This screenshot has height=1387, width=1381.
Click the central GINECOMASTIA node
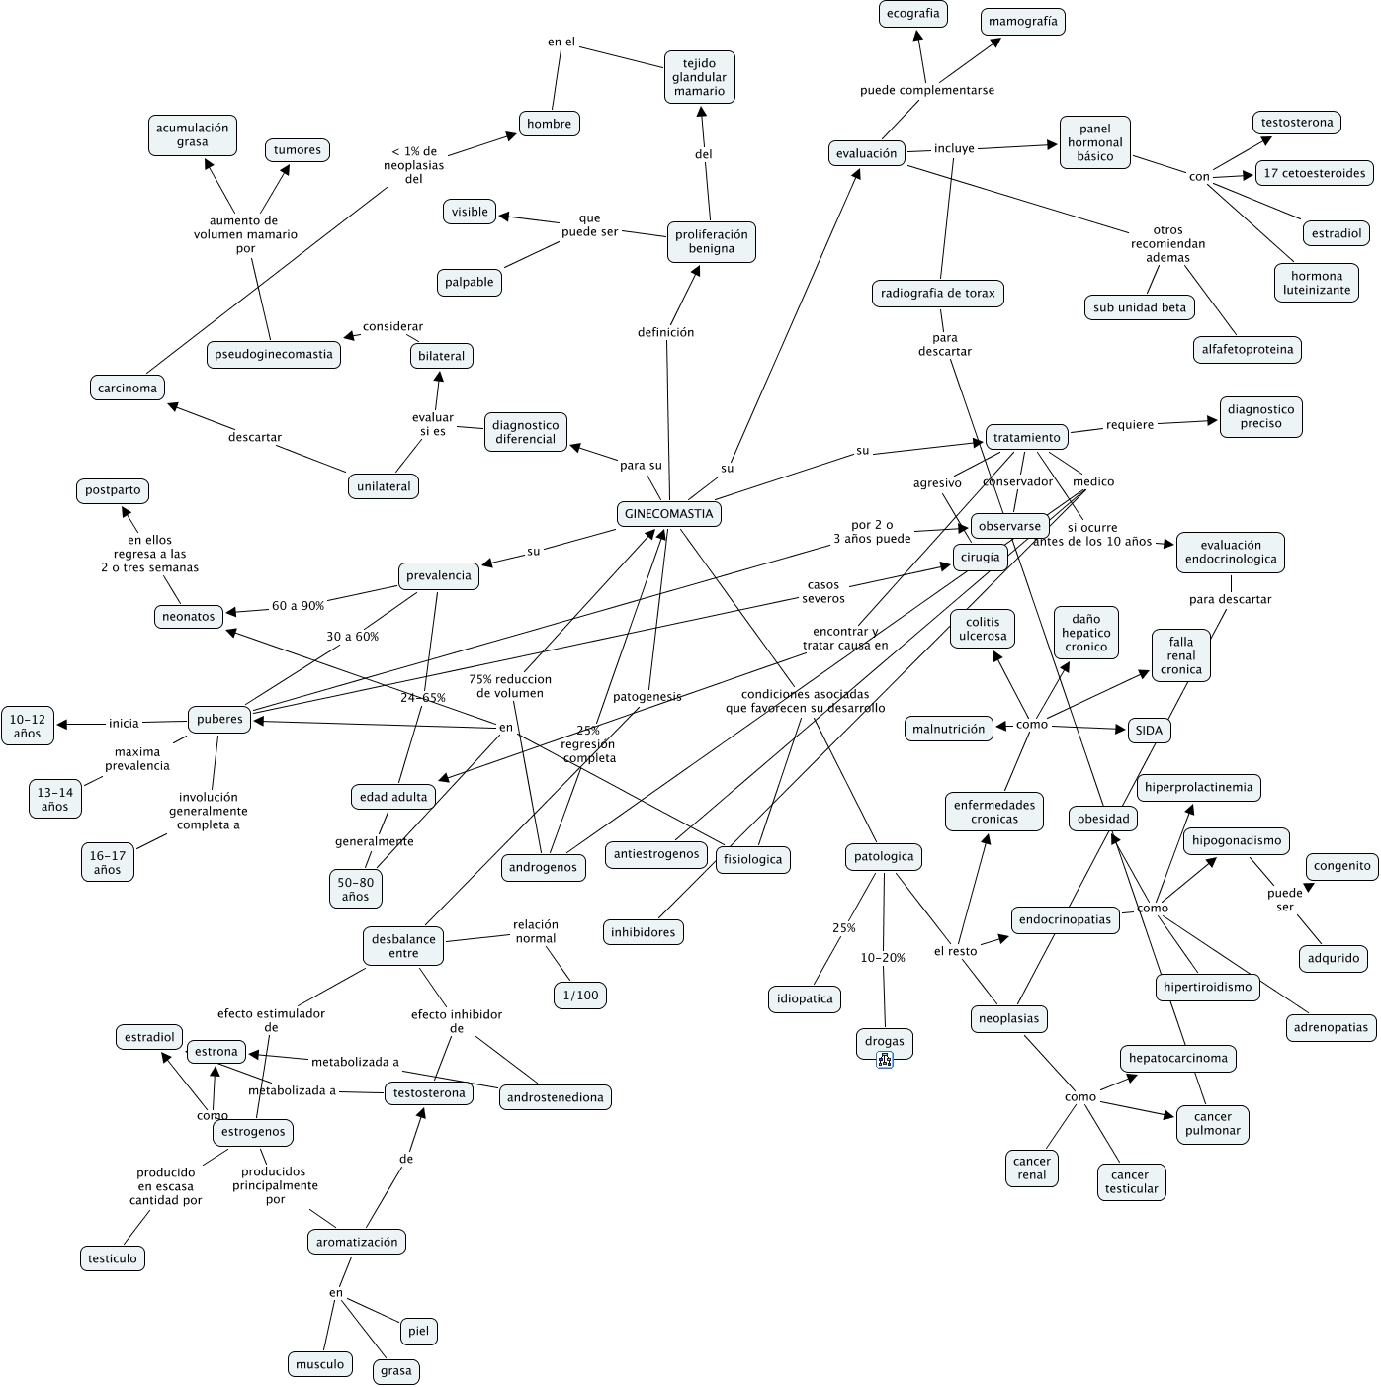pyautogui.click(x=668, y=514)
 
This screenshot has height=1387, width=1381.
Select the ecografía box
pyautogui.click(x=912, y=14)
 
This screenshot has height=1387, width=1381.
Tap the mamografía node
pyautogui.click(x=1023, y=21)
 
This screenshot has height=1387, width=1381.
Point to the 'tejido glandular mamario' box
pyautogui.click(x=700, y=77)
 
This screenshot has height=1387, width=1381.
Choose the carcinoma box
pyautogui.click(x=128, y=388)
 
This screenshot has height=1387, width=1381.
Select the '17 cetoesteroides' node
pyautogui.click(x=1315, y=173)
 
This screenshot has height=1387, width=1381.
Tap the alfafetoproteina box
pyautogui.click(x=1248, y=349)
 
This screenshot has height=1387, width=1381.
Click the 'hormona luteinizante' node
pyautogui.click(x=1317, y=283)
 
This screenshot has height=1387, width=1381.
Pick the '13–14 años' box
pyautogui.click(x=55, y=799)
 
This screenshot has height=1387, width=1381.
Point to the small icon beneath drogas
pyautogui.click(x=885, y=1061)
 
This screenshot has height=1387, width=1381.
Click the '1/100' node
pyautogui.click(x=581, y=995)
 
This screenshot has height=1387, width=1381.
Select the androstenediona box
pyautogui.click(x=556, y=1097)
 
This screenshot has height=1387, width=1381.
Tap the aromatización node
pyautogui.click(x=357, y=1242)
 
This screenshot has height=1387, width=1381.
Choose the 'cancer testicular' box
pyautogui.click(x=1131, y=1181)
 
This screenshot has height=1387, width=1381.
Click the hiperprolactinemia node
pyautogui.click(x=1199, y=788)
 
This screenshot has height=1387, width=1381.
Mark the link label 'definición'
pyautogui.click(x=666, y=332)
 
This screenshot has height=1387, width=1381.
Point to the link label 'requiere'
pyautogui.click(x=1130, y=425)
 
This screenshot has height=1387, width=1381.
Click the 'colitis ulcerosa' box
pyautogui.click(x=983, y=629)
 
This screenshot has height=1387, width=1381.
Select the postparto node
pyautogui.click(x=113, y=490)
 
